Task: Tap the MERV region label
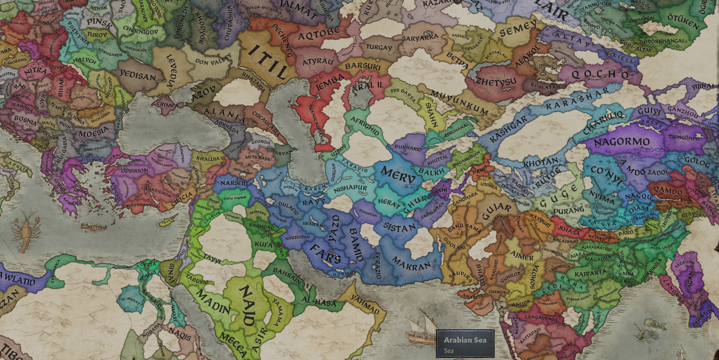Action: click(397, 175)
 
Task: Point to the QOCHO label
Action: click(600, 75)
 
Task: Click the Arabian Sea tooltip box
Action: click(465, 344)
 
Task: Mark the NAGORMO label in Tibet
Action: click(622, 142)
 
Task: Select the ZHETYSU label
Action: click(496, 82)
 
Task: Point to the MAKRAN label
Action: click(411, 264)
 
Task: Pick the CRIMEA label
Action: click(168, 105)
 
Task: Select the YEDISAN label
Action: click(138, 75)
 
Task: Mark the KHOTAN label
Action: click(540, 163)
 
